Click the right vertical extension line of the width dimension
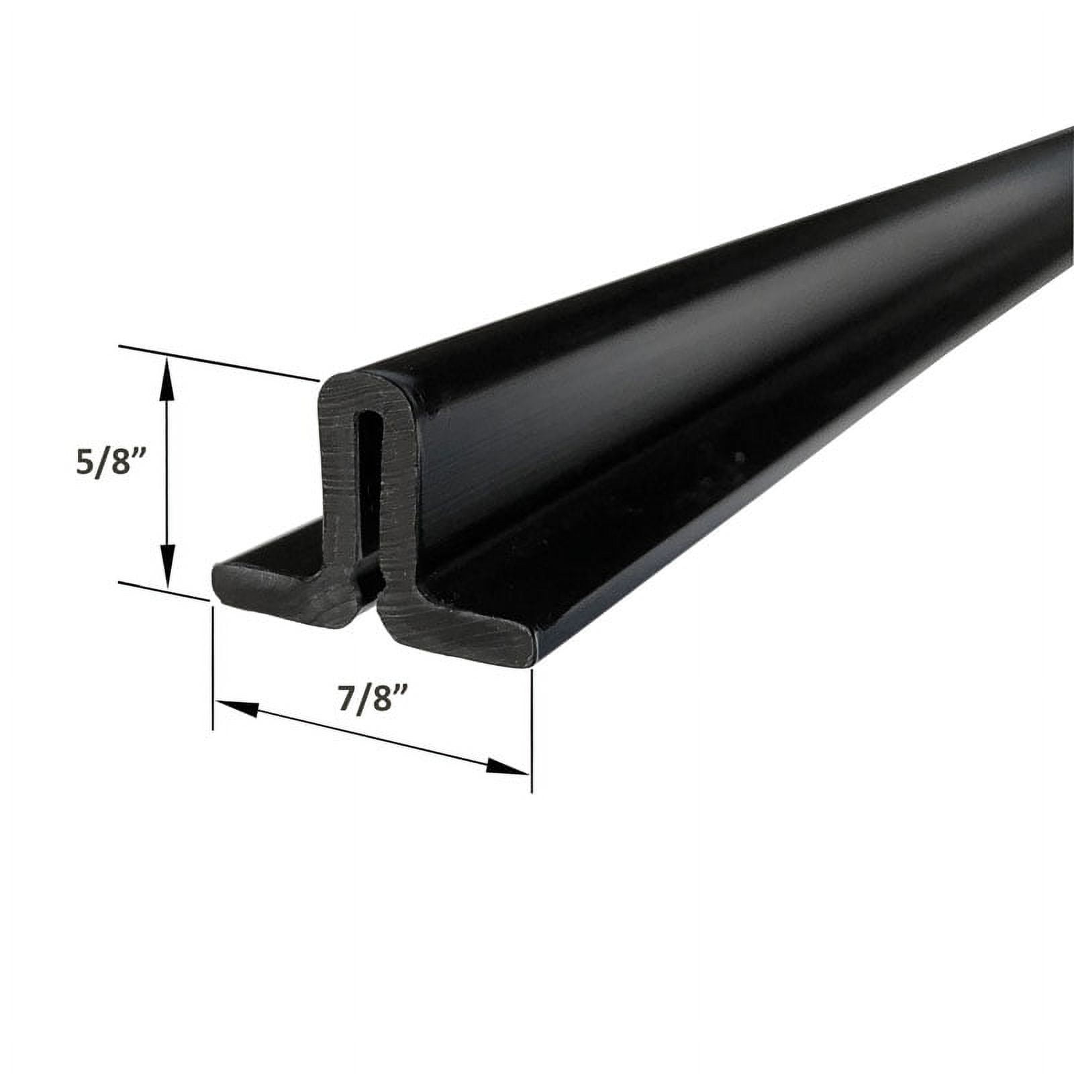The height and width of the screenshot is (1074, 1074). click(531, 732)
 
